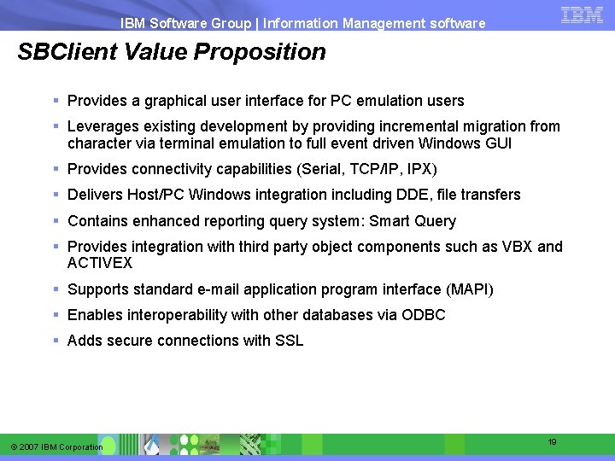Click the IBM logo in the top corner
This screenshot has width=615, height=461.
pos(583,15)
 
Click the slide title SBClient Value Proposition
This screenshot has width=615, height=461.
pos(172,52)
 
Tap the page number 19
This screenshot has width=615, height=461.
pos(552,442)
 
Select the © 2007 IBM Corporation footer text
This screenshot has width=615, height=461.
pos(57,447)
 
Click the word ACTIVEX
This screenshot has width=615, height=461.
pos(100,263)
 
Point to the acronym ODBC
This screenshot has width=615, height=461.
pos(424,315)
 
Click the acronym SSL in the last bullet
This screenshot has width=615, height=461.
pos(289,341)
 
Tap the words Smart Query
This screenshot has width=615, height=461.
pos(413,221)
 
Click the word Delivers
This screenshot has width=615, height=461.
pos(95,195)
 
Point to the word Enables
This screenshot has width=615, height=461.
pos(94,315)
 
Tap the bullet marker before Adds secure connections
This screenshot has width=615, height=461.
pos(56,341)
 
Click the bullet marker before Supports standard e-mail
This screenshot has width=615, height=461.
pos(56,289)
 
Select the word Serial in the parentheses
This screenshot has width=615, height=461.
pos(322,169)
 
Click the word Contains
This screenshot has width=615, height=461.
pos(97,221)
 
